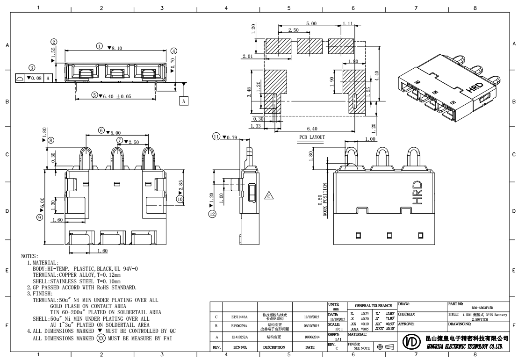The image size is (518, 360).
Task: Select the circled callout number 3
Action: click(31, 68)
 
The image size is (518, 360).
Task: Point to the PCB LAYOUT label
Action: click(312, 137)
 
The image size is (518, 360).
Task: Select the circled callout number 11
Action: click(216, 137)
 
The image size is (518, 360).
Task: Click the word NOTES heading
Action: click(30, 257)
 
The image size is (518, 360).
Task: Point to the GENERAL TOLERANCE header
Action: click(372, 304)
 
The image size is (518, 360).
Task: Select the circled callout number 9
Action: click(40, 217)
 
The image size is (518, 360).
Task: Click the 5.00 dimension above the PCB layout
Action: click(310, 23)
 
